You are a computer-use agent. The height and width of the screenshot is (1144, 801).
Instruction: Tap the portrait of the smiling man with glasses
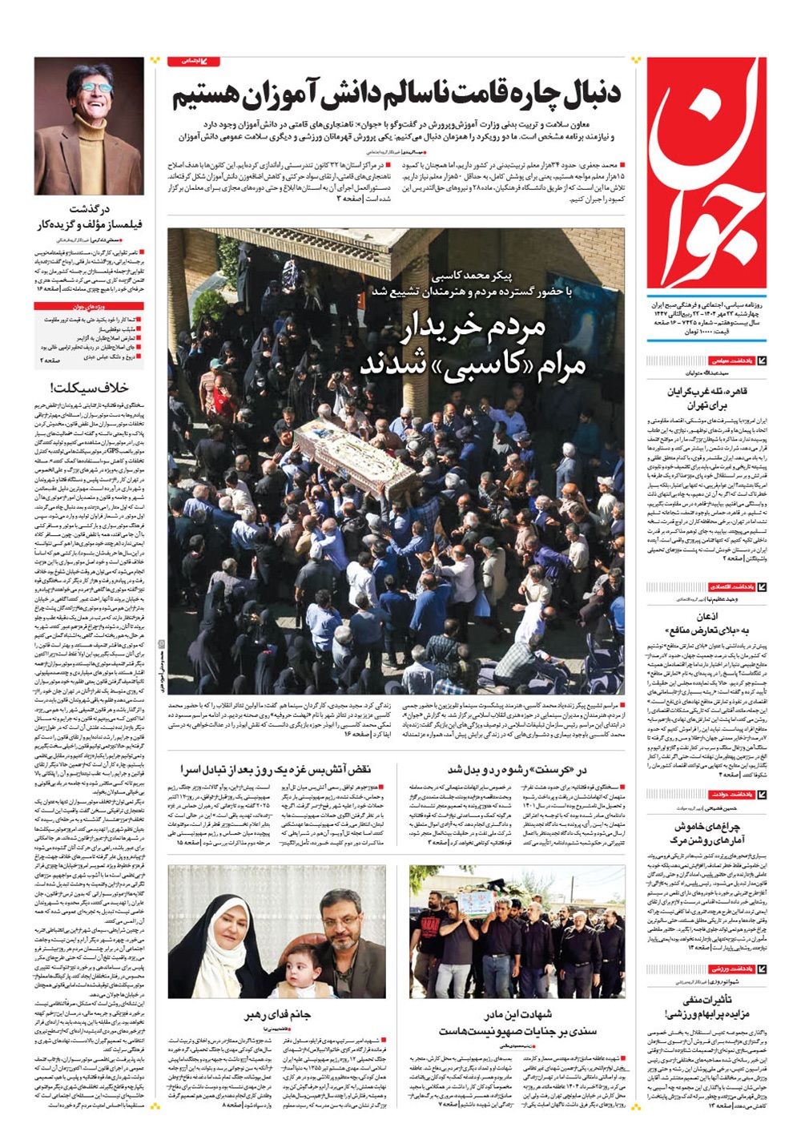(x=89, y=126)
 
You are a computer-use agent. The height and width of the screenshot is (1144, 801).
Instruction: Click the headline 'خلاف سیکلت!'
(x=89, y=388)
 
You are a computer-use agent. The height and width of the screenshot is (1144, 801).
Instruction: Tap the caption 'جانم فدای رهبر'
(x=277, y=1014)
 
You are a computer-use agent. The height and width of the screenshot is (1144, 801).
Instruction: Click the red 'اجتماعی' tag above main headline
(x=193, y=61)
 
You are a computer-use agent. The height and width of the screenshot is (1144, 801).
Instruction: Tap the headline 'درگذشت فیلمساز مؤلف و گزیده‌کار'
(x=89, y=216)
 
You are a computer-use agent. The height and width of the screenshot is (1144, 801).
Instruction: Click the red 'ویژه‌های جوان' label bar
(x=89, y=308)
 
